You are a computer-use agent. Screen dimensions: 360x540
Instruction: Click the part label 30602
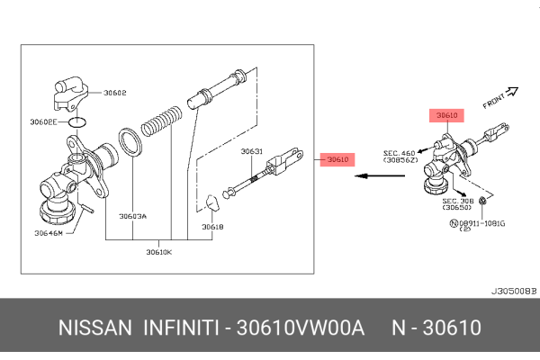[115, 92]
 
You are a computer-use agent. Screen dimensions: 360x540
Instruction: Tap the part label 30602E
[43, 121]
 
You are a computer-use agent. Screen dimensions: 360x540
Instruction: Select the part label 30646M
[49, 233]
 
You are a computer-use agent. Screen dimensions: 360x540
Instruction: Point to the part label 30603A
[132, 216]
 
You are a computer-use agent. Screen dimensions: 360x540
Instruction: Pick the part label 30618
[212, 227]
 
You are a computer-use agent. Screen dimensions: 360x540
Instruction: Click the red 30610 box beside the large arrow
[337, 159]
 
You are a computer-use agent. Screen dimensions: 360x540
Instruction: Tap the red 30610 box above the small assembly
[447, 116]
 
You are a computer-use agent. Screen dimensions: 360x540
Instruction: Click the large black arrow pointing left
[374, 176]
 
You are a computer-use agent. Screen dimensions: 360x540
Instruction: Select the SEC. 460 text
[399, 153]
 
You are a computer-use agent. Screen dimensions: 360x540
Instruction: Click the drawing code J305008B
[513, 292]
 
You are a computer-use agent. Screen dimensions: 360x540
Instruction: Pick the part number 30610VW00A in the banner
[299, 328]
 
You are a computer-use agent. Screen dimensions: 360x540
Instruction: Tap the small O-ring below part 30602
[77, 121]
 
